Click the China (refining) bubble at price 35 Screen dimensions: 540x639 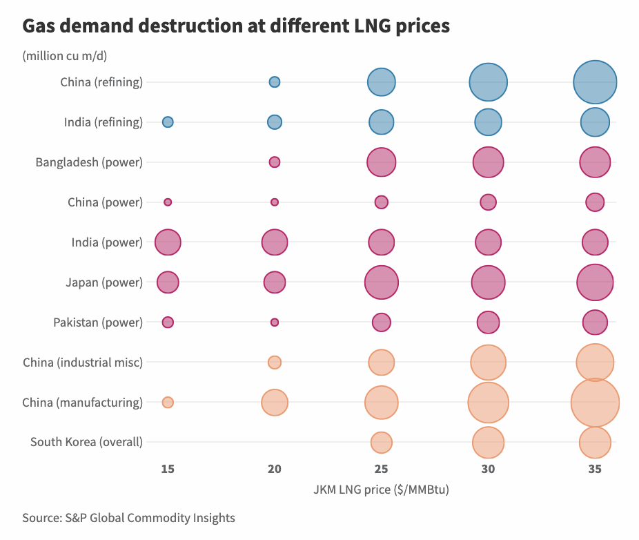click(595, 82)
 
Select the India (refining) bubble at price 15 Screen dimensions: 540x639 click(168, 122)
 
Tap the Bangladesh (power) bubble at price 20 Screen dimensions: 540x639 click(275, 162)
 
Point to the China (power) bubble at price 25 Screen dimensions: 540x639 click(382, 202)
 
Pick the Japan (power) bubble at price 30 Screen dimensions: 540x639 click(488, 282)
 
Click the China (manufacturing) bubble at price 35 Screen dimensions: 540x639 click(595, 403)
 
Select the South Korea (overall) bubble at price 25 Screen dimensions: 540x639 click(381, 443)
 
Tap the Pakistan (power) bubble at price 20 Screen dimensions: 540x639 click(275, 322)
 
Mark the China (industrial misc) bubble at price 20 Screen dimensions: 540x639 click(275, 363)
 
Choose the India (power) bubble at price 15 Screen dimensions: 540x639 click(168, 242)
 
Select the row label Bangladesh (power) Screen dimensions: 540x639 click(89, 163)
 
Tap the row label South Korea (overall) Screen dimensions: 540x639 click(86, 443)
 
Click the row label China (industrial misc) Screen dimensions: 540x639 click(83, 363)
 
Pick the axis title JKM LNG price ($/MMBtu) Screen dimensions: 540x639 click(381, 490)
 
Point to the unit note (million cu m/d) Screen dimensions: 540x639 click(64, 56)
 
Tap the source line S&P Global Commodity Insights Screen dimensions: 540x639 click(128, 518)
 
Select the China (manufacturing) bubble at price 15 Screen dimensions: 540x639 click(168, 403)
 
